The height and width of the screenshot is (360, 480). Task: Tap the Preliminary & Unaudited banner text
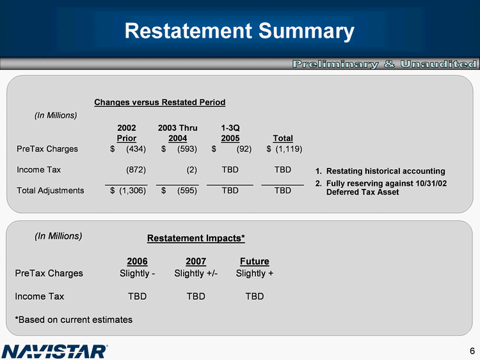(x=385, y=64)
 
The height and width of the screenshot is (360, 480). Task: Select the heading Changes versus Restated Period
(x=159, y=102)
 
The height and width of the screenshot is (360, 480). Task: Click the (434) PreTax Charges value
(x=136, y=149)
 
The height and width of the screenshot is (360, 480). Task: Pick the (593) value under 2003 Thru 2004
(x=187, y=149)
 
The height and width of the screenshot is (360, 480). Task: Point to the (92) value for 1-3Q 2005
(x=243, y=149)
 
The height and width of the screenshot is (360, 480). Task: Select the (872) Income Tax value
(x=136, y=170)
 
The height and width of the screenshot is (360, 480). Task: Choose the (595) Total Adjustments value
(x=187, y=190)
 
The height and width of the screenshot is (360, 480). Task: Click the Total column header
(x=282, y=138)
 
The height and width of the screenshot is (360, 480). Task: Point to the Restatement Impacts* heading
(x=196, y=238)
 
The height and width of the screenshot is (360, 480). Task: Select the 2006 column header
(x=137, y=261)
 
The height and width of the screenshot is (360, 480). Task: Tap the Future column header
(x=254, y=261)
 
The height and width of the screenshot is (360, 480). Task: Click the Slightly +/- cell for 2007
(x=196, y=274)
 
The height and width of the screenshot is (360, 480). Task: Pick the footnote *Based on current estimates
(x=74, y=319)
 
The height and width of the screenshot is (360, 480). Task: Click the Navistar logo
(x=55, y=350)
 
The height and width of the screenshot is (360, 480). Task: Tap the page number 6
(x=471, y=350)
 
